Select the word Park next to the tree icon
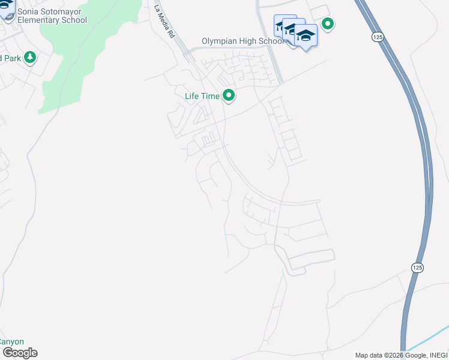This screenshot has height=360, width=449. click(10, 58)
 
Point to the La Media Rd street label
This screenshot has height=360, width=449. click(164, 22)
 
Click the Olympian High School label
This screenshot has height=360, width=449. click(243, 41)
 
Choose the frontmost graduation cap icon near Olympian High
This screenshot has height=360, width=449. click(306, 35)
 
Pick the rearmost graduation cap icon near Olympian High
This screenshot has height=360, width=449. click(285, 25)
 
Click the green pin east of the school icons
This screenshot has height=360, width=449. click(328, 24)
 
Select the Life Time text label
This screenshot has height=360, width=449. click(201, 95)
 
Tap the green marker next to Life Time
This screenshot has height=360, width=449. click(228, 95)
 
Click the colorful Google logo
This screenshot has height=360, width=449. click(19, 353)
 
